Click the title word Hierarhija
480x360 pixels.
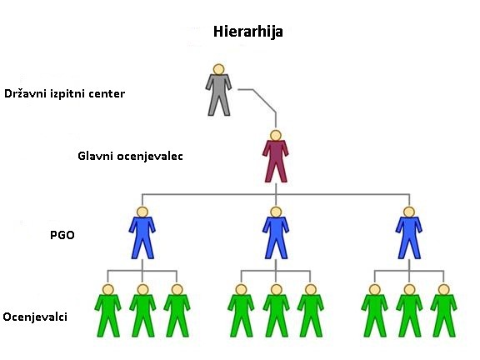pos(248,32)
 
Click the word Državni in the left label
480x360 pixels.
pos(25,93)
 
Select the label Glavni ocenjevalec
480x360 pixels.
pos(130,156)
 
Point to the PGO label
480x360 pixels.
pos(62,235)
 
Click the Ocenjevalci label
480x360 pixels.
pos(35,317)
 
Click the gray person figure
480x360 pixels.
pos(218,90)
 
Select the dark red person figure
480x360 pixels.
pos(276,157)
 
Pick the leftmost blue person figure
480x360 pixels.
pos(142,233)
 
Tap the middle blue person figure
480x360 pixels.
pos(276,233)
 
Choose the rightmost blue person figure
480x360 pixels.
pos(409,233)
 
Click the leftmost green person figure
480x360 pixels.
pos(108,311)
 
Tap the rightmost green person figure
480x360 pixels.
pos(444,311)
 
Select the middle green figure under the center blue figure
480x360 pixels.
pos(276,311)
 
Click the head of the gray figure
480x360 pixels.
pos(218,69)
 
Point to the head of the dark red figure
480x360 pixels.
pos(276,136)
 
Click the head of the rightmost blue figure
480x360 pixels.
pos(409,212)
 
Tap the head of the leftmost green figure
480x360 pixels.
pos(108,290)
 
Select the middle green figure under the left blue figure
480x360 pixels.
pos(142,311)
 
